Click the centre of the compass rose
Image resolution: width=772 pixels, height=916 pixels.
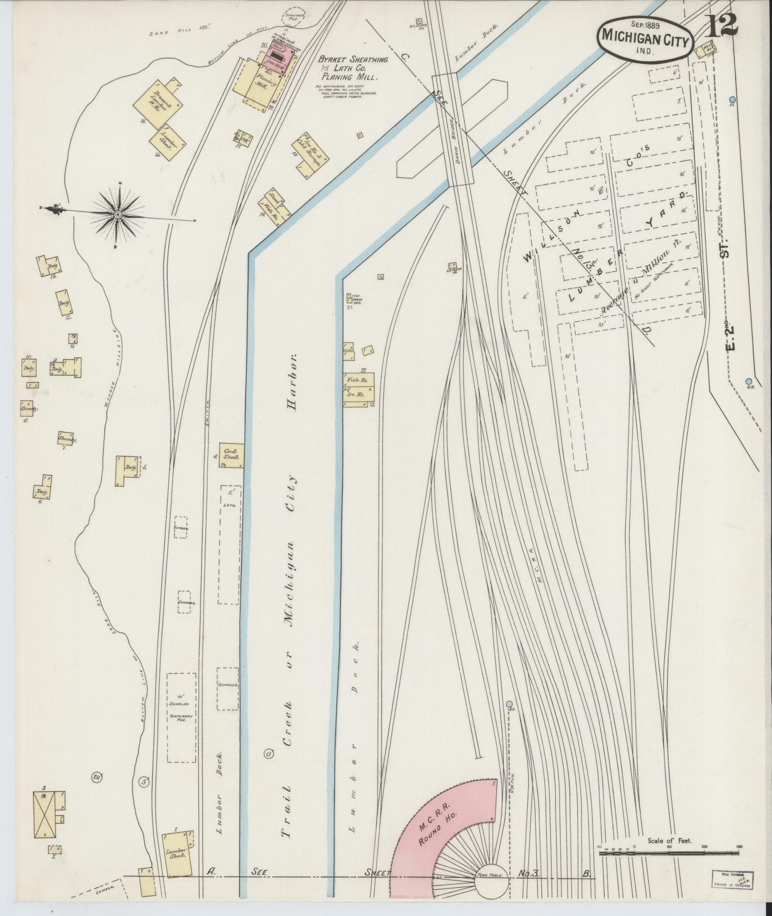coord(117,215)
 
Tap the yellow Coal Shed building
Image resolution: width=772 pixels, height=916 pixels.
coord(231,455)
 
